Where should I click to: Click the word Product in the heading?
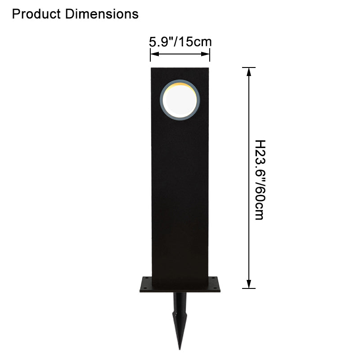coord(36,14)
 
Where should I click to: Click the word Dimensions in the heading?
coord(102,14)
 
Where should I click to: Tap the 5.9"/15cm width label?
coord(180,42)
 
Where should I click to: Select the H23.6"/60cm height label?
coord(260,180)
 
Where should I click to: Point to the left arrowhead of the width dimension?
coord(155,54)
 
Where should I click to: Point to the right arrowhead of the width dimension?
coord(205,54)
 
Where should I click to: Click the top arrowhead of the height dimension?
coord(249,72)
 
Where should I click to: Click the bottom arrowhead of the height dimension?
coord(249,284)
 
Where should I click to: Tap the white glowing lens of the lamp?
coord(180,100)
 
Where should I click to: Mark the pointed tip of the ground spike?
coord(180,350)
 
